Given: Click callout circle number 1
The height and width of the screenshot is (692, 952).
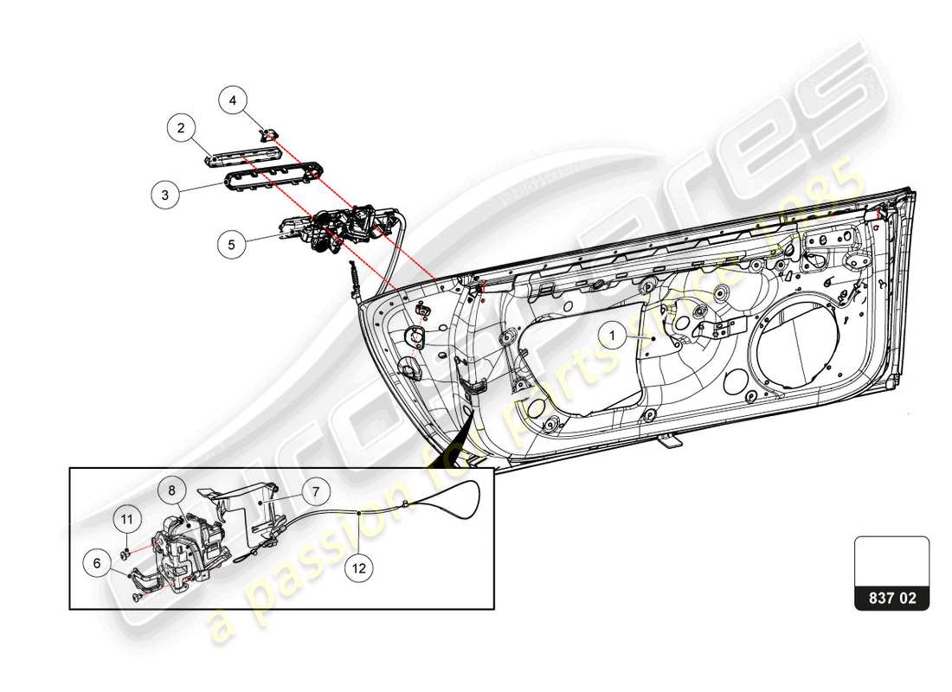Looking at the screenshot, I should pyautogui.click(x=612, y=334).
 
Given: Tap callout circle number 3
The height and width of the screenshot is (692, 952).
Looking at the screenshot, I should pyautogui.click(x=164, y=195).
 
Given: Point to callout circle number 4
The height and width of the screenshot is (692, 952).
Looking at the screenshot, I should pyautogui.click(x=232, y=101).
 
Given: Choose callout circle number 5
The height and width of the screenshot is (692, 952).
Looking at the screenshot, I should pyautogui.click(x=231, y=245).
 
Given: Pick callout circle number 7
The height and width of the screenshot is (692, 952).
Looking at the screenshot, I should pyautogui.click(x=316, y=492).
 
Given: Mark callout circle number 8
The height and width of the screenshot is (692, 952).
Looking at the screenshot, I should pyautogui.click(x=171, y=490).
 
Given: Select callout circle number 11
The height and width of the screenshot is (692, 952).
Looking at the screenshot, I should pyautogui.click(x=127, y=519).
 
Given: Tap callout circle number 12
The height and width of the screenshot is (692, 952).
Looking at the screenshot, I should pyautogui.click(x=359, y=568).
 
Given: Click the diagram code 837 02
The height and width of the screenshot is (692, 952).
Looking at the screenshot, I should pyautogui.click(x=891, y=597).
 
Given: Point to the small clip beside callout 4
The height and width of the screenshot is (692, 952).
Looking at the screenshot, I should pyautogui.click(x=270, y=133).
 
